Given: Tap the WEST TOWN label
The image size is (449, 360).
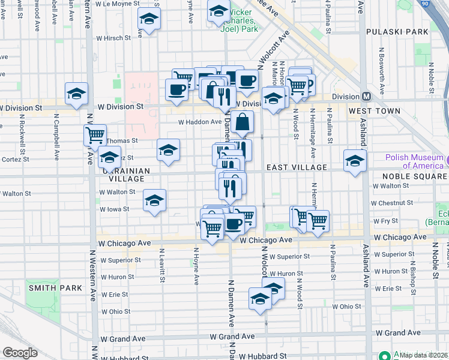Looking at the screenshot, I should pos(375,112).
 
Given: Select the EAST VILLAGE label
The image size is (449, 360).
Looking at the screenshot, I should pos(297,167).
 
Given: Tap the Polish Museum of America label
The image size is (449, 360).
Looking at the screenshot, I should pos(414,161).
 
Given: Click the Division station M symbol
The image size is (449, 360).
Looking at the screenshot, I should pos(366,97).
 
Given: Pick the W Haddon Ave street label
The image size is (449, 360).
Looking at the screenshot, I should pos(200,122).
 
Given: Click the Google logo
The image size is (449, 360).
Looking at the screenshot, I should pos(20,353).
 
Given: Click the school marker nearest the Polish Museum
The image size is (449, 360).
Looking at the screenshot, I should pos(355,161).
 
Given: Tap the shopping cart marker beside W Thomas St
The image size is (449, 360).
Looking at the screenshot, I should pos(95,136).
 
